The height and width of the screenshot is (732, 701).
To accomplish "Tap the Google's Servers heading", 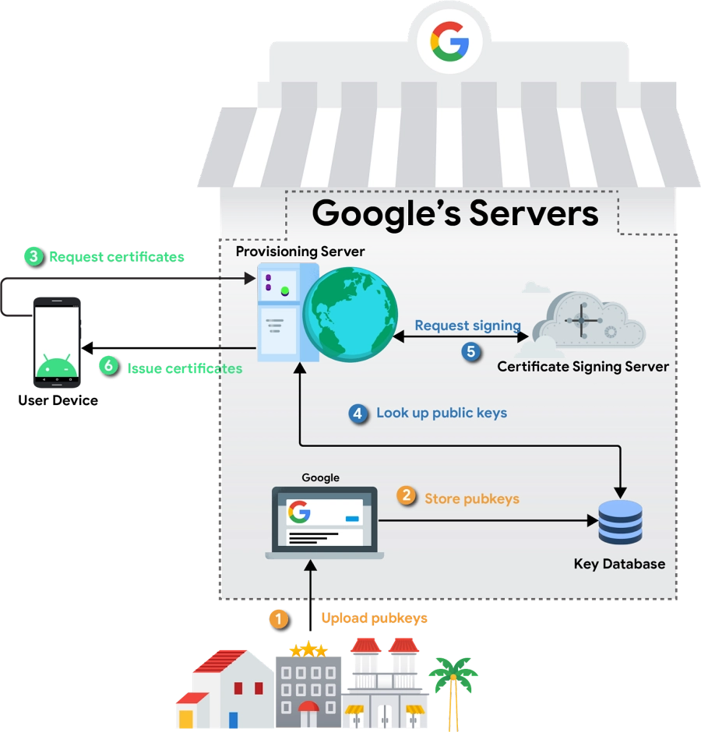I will [455, 213].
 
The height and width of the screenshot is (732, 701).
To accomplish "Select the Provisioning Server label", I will [300, 252].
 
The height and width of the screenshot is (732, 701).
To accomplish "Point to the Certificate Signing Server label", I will [583, 366].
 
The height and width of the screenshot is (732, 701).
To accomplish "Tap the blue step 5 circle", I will [470, 351].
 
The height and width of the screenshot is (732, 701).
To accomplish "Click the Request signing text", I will [467, 326].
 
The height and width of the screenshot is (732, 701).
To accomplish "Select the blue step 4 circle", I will [358, 414].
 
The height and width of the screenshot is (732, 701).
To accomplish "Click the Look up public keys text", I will [442, 413].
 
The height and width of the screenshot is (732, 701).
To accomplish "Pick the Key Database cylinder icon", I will [620, 523].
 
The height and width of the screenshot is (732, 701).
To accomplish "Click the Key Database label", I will [619, 564].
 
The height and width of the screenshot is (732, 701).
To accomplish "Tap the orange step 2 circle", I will [407, 496].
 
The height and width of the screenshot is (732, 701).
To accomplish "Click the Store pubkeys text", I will [471, 498].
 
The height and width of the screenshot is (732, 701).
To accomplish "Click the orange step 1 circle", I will [278, 618].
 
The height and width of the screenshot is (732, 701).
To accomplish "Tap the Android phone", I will [56, 342].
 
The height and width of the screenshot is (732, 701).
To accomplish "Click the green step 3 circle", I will [33, 255].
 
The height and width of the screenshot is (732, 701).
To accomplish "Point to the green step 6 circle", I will [108, 365].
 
